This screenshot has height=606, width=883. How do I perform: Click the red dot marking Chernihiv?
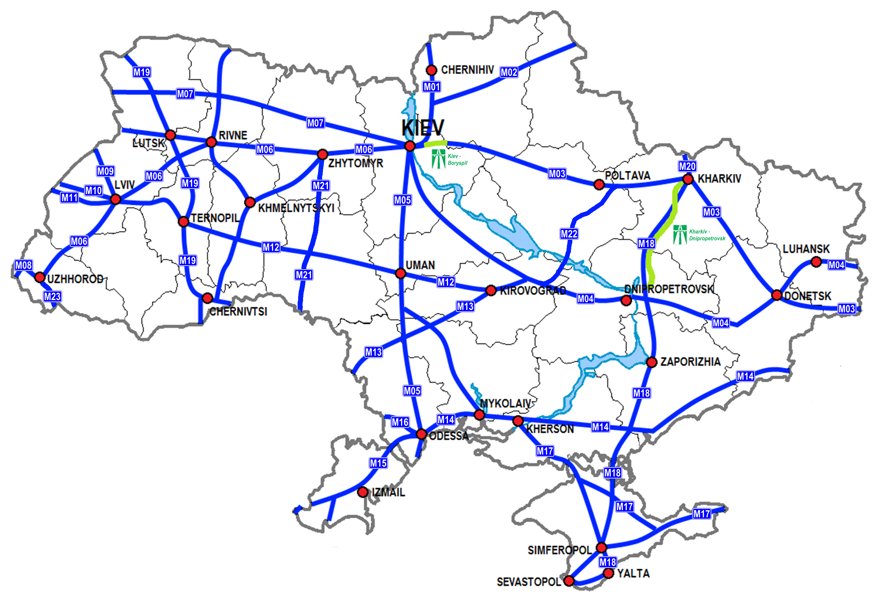(x=431, y=70)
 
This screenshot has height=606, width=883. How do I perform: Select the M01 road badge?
(x=432, y=87)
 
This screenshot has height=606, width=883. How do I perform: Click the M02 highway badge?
(x=509, y=72)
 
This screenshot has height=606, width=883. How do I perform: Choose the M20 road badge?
(x=687, y=166)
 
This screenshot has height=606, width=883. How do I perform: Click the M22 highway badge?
(x=569, y=234)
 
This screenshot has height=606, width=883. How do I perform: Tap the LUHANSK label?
(x=806, y=249)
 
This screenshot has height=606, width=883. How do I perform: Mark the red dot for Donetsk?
(x=777, y=295)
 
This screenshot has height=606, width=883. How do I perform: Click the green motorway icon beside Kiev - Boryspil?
(x=439, y=159)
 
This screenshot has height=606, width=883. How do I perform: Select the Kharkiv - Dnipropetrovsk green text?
(x=707, y=235)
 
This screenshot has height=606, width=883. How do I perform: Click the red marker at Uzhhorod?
(x=40, y=277)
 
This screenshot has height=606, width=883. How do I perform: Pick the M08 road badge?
(x=23, y=265)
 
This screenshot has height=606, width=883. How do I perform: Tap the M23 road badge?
(x=52, y=296)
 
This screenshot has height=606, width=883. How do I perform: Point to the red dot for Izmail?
(x=363, y=492)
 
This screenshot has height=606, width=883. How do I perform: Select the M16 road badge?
(x=400, y=422)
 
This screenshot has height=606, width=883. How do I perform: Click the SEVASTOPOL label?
(x=528, y=582)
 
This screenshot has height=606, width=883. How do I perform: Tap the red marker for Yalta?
(x=608, y=573)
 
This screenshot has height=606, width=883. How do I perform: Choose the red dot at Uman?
(x=400, y=273)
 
